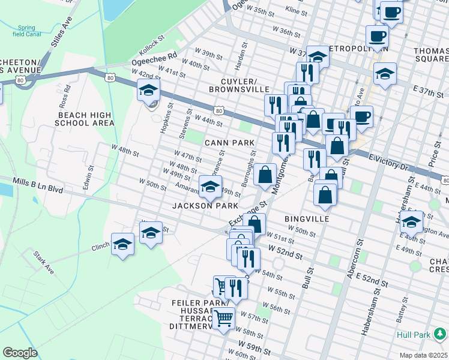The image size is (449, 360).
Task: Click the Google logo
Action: [x=20, y=353]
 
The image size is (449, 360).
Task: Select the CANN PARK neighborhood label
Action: [x=229, y=142]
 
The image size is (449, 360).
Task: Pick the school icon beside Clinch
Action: [x=122, y=245]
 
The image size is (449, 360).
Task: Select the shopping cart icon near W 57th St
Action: [x=224, y=318]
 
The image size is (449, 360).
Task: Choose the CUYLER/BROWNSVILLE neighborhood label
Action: [x=240, y=85]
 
